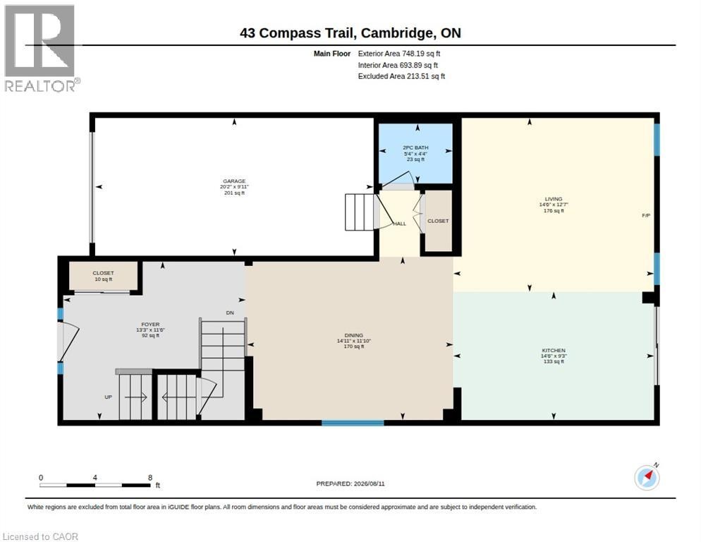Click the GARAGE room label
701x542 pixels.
(234, 181)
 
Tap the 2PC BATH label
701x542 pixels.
(415, 147)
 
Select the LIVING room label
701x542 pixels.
(554, 199)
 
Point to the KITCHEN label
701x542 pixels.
(554, 351)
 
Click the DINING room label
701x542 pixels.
(353, 335)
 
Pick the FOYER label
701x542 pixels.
(150, 325)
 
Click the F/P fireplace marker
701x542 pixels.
(646, 215)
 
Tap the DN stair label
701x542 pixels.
(230, 313)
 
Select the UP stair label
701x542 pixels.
(108, 397)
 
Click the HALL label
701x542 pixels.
(400, 224)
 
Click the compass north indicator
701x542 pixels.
(647, 478)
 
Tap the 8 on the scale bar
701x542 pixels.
(150, 478)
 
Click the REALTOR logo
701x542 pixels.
(40, 48)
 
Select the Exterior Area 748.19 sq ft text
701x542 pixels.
(399, 54)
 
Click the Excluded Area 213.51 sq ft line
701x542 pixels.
(401, 76)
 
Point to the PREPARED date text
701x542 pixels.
(350, 484)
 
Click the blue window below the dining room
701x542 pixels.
(353, 423)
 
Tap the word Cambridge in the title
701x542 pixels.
(396, 33)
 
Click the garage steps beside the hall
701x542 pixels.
(359, 212)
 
